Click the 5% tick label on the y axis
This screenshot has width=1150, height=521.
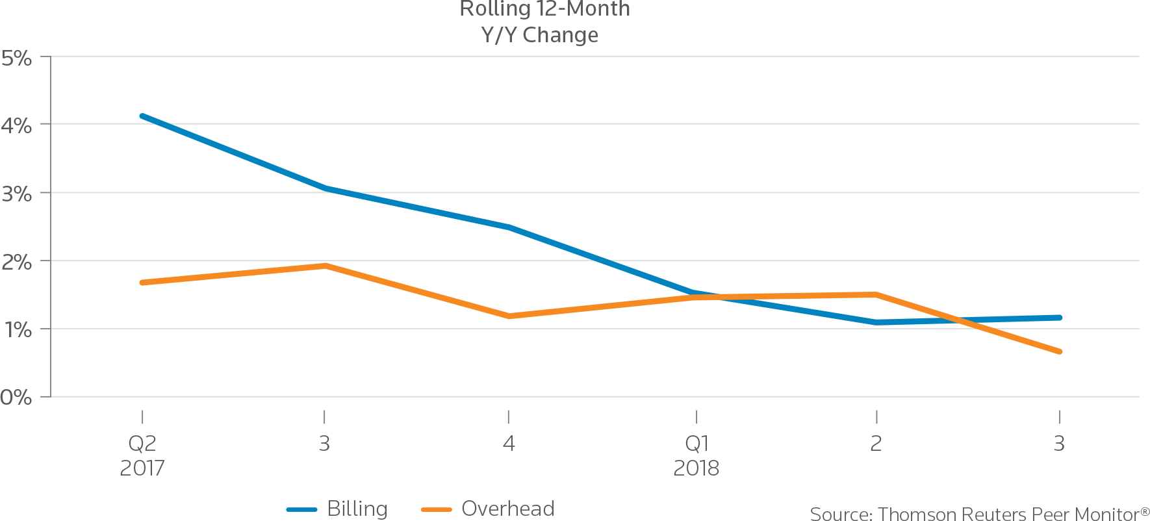click(16, 58)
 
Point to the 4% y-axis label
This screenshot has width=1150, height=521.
click(16, 125)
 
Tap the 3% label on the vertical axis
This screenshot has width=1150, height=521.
click(16, 194)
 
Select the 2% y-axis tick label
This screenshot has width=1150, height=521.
click(16, 262)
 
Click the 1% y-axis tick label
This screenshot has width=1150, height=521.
click(16, 331)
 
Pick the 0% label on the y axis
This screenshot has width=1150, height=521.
click(16, 398)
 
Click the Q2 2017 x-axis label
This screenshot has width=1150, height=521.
click(142, 455)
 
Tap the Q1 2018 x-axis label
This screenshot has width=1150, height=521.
click(696, 455)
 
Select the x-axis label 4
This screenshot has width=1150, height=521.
click(508, 444)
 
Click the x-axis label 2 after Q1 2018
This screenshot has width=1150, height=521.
click(876, 444)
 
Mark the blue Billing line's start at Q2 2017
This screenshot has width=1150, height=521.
click(142, 116)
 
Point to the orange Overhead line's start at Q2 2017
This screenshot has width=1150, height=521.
click(142, 283)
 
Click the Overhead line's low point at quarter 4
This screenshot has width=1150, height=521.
click(508, 316)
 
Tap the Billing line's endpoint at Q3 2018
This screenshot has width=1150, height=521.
click(1060, 318)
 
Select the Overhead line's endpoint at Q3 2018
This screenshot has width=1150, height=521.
click(1060, 351)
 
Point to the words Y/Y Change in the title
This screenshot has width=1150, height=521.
click(539, 34)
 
